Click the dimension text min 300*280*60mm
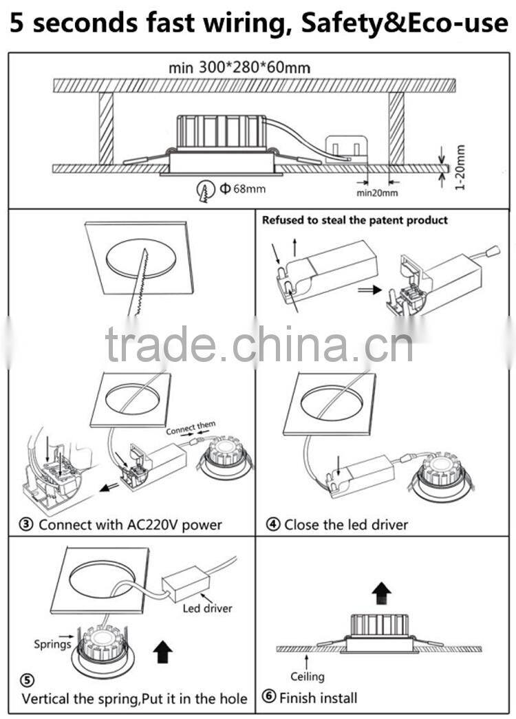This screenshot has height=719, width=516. [x=239, y=67]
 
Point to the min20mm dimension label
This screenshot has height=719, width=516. [x=376, y=193]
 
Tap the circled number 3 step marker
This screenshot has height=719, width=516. [x=26, y=525]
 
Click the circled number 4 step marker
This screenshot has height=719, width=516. [x=272, y=525]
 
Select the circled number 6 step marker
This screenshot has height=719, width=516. [x=268, y=698]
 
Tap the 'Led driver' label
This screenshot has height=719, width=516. [x=207, y=608]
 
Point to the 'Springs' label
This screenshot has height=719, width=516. [x=52, y=645]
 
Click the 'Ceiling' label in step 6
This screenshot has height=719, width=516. [x=307, y=676]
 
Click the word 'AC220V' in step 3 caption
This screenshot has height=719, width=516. [x=146, y=525]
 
